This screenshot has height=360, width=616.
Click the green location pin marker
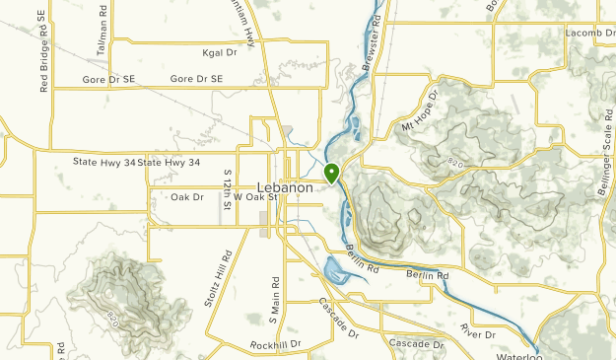pyautogui.click(x=332, y=173)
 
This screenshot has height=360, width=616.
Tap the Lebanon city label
pyautogui.click(x=285, y=187)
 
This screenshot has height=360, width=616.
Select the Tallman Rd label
pyautogui.click(x=102, y=18)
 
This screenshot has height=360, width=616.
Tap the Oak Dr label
pyautogui.click(x=186, y=197)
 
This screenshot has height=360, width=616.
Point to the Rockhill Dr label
pyautogui.click(x=275, y=344)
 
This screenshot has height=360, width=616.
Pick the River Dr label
pyautogui.click(x=476, y=334)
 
